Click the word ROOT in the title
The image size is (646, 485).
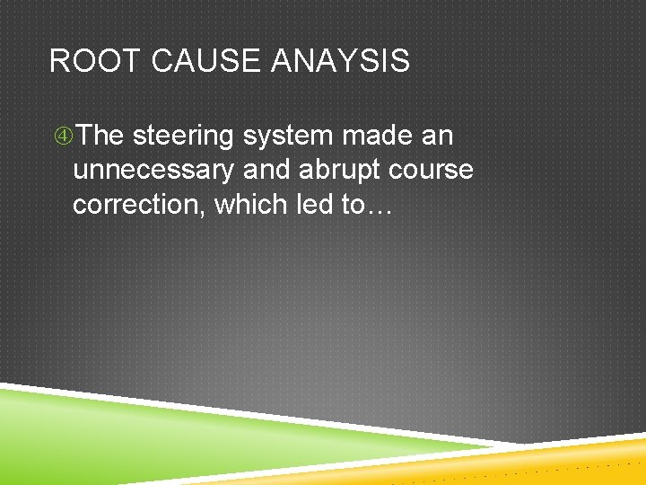click(x=85, y=61)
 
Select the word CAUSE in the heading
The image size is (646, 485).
click(x=188, y=61)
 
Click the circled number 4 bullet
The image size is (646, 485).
click(x=63, y=137)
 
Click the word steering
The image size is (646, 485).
click(x=182, y=137)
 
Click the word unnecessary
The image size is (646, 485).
click(x=153, y=171)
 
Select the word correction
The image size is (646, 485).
click(x=139, y=204)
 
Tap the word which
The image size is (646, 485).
click(x=248, y=204)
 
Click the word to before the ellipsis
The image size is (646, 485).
click(x=353, y=205)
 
